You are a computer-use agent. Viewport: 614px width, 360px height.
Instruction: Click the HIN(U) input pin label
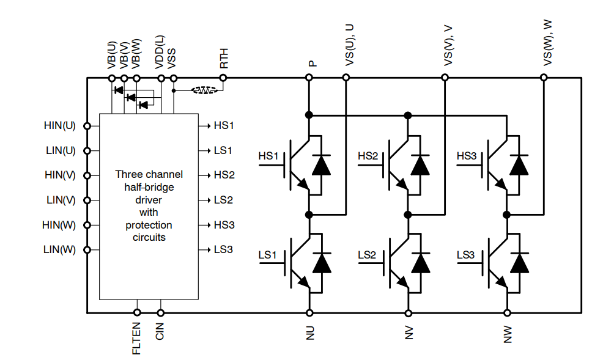click(59, 126)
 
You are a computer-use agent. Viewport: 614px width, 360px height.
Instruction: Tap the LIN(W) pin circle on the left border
click(87, 249)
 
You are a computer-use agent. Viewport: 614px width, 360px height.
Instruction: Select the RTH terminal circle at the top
click(223, 78)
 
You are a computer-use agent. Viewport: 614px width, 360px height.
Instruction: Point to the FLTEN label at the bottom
click(136, 339)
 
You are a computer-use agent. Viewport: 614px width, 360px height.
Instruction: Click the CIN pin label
click(160, 332)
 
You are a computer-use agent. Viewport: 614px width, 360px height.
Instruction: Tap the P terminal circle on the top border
click(309, 78)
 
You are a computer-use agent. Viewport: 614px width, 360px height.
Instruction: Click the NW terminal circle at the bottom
click(507, 313)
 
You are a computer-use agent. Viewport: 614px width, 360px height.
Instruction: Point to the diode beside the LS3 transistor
click(519, 263)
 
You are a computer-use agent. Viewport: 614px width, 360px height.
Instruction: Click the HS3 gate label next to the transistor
click(467, 156)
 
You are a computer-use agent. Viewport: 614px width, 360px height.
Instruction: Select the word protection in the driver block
click(149, 225)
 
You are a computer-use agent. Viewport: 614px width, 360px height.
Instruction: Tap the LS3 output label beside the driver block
click(224, 249)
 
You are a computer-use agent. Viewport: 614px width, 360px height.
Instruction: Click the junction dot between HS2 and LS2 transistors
click(408, 214)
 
